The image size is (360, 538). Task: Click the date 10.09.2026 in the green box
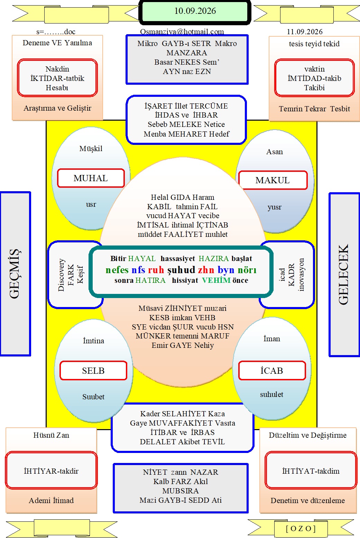point(195,11)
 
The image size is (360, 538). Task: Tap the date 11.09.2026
point(305,32)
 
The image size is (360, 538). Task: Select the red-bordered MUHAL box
point(91,178)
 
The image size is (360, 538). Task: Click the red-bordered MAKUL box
point(273,180)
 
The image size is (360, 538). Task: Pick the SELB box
point(93,371)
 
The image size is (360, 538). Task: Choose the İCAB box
point(272,371)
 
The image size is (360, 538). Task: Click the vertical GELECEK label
point(343,275)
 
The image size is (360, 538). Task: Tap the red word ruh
point(156,270)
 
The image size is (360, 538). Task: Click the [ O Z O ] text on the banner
point(301,528)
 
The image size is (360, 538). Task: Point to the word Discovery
point(62,275)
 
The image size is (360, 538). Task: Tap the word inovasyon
point(301,275)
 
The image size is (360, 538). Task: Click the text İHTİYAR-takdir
point(51,471)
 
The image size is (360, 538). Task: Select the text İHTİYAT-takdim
point(311,471)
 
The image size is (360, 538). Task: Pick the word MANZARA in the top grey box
point(187,53)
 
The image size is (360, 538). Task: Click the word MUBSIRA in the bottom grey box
point(181,491)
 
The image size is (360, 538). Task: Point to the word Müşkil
point(91,149)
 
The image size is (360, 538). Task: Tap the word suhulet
point(271,394)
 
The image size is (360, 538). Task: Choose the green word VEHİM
point(216,280)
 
